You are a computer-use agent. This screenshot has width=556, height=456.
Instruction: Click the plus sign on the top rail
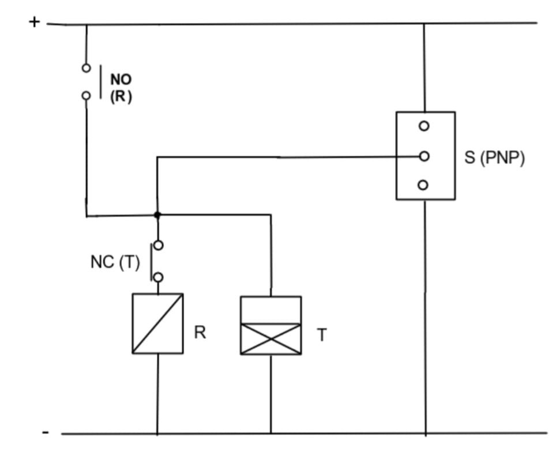35,22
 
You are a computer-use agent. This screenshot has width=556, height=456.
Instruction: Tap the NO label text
121,80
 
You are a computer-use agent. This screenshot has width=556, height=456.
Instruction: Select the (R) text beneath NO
121,97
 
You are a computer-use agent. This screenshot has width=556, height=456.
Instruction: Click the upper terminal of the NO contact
86,68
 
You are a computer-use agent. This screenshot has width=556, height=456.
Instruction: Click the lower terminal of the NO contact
86,96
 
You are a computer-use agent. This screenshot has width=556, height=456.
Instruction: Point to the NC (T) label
115,262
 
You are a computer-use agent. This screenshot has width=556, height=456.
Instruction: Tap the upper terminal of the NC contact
158,245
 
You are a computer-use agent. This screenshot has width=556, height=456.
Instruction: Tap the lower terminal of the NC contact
158,278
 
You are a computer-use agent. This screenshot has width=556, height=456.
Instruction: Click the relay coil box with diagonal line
157,323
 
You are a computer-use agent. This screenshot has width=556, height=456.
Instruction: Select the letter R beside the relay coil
200,333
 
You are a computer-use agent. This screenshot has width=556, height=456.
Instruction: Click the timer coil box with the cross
271,326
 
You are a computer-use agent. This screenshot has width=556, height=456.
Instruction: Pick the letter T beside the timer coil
322,335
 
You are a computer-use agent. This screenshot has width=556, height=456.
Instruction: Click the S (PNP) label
495,158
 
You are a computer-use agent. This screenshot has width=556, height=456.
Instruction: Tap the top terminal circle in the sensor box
424,126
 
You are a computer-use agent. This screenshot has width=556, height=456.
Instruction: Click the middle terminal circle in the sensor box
424,156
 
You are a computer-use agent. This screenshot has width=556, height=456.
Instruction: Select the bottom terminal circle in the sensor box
424,185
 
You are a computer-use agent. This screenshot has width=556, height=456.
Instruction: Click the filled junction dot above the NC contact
157,215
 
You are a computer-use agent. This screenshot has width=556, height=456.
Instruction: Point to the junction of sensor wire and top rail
424,24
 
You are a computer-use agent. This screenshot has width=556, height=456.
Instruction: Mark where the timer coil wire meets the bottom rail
271,433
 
